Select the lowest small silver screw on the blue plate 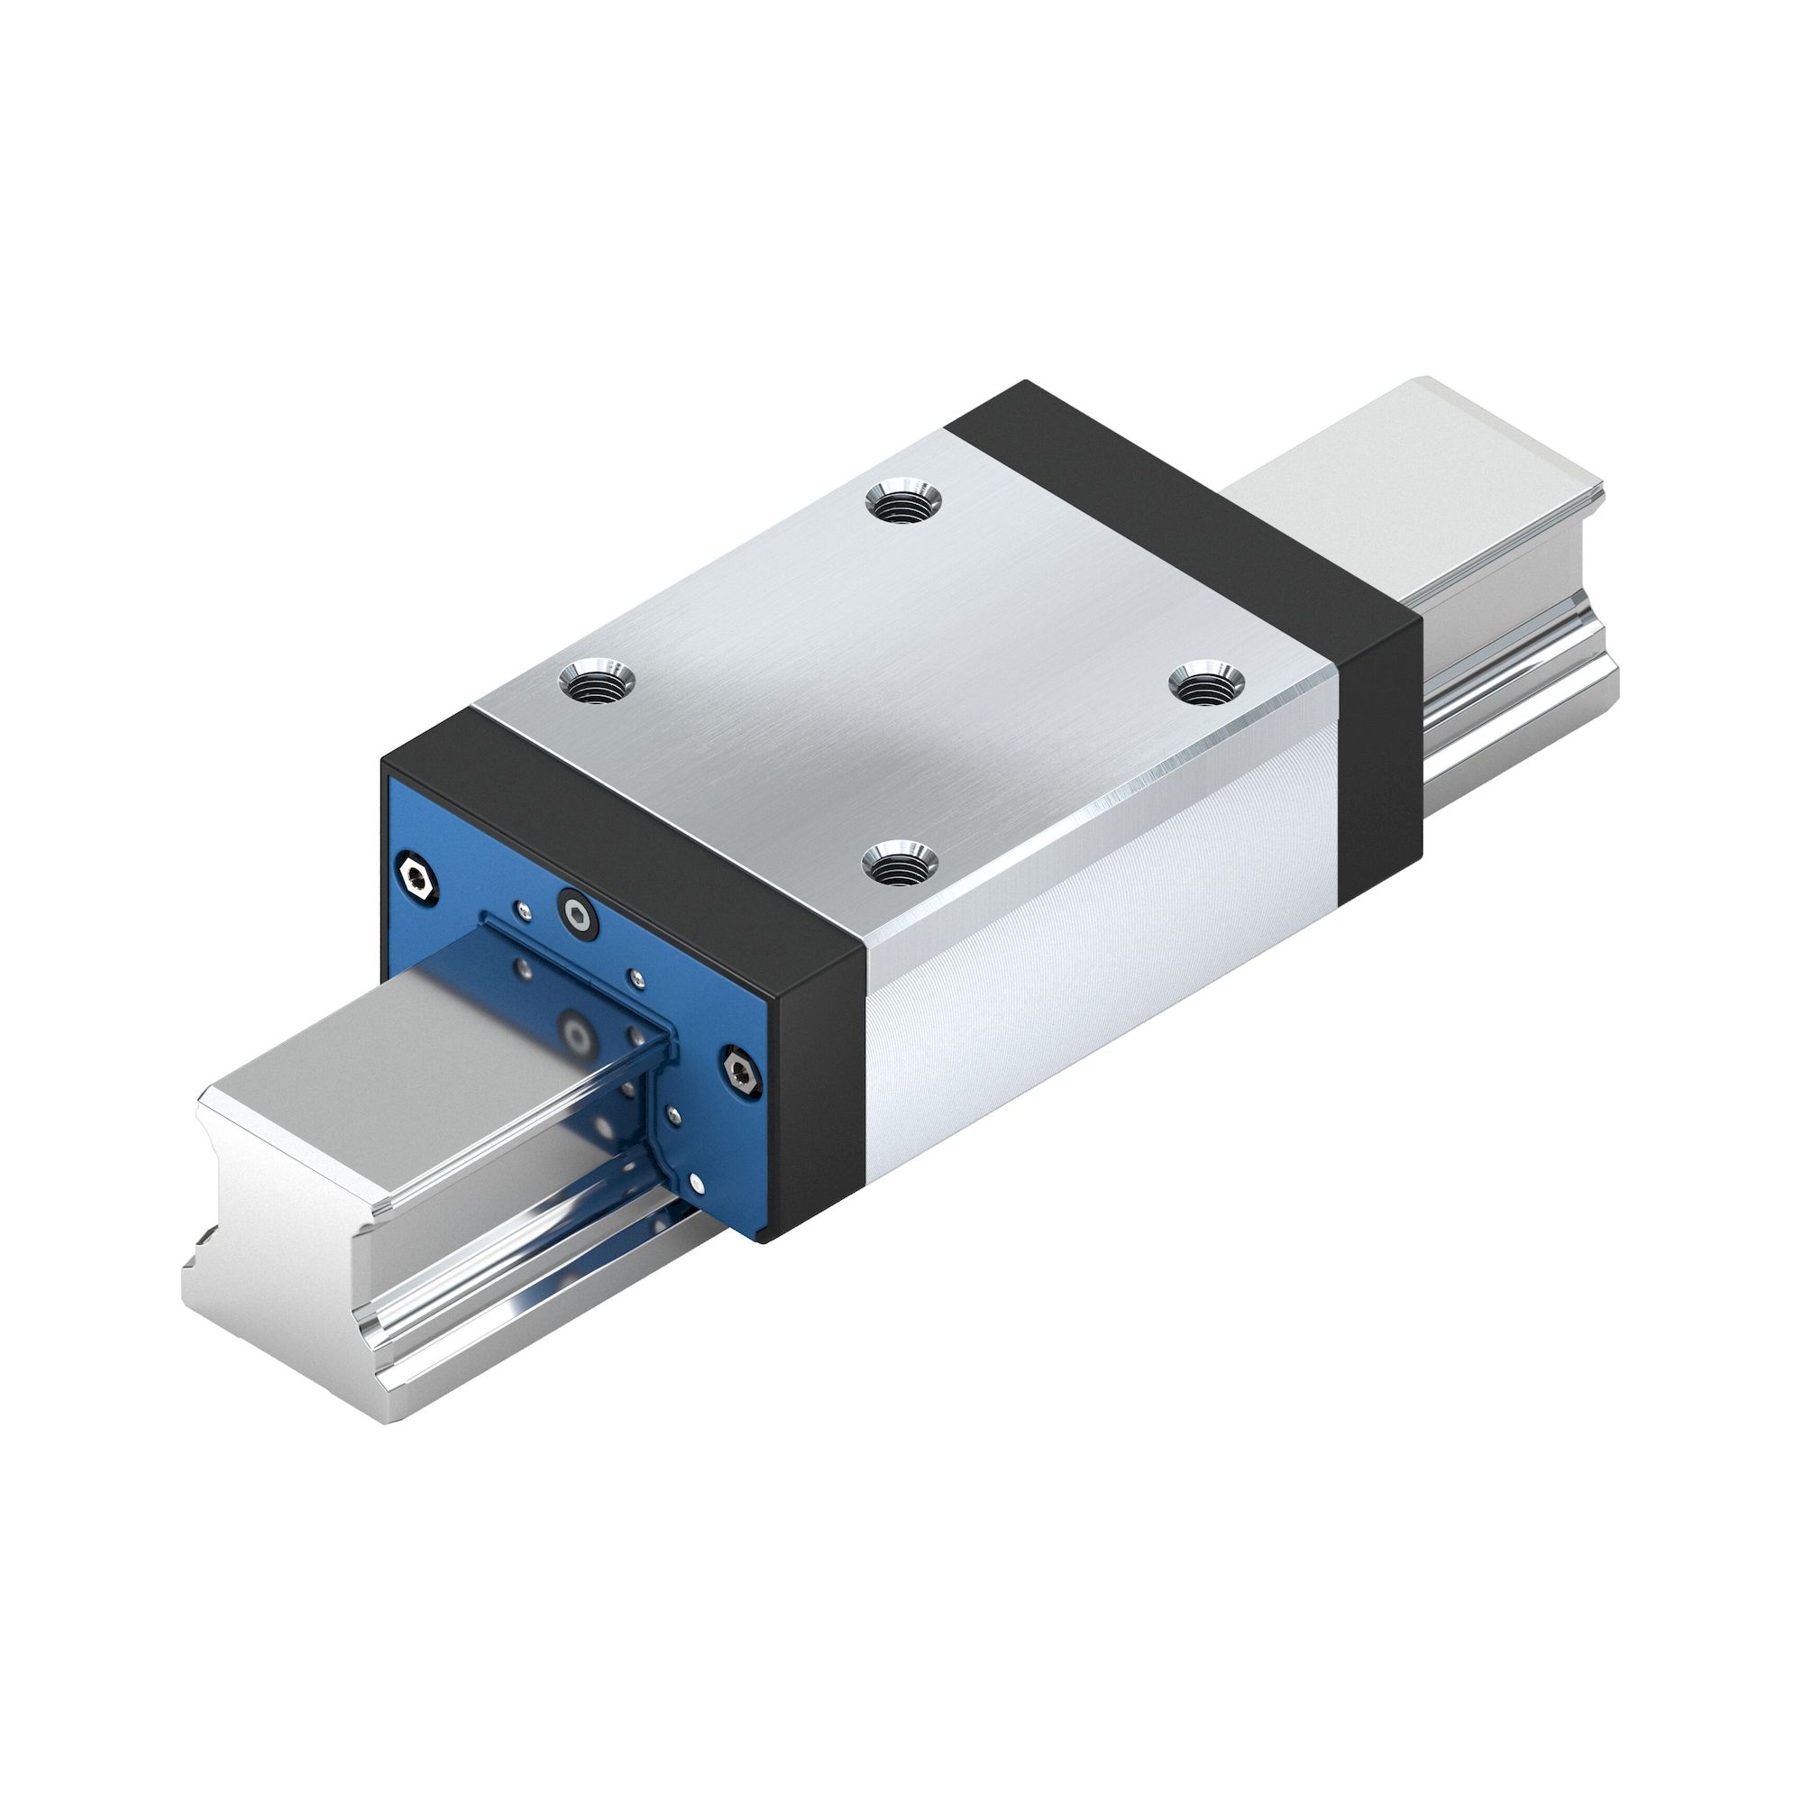coord(699,1183)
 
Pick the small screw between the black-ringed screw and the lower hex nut coord(636,977)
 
